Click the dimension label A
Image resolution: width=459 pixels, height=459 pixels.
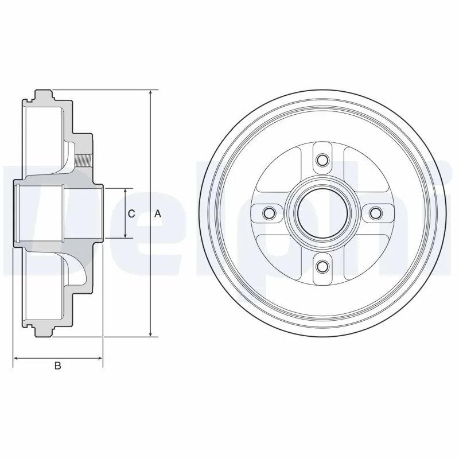(x=158, y=213)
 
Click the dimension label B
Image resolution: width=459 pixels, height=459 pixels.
(x=57, y=365)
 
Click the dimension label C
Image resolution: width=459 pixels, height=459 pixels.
(x=131, y=213)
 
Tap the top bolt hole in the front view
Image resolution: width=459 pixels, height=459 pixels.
(x=322, y=160)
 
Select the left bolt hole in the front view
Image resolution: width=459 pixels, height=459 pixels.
(x=269, y=213)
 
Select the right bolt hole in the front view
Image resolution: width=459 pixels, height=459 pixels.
(x=375, y=213)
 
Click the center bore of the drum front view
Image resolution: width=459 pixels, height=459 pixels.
(x=322, y=213)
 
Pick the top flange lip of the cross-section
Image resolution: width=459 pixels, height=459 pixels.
(x=44, y=94)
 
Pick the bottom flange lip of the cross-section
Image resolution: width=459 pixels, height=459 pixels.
(x=44, y=332)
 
